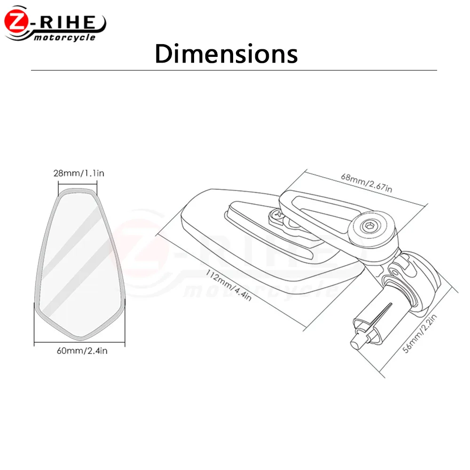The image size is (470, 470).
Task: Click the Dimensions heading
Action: (x=227, y=54)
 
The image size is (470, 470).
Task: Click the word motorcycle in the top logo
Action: (x=64, y=38)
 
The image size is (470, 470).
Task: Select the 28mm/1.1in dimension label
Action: (x=79, y=173)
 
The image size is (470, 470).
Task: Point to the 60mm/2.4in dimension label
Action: (x=82, y=351)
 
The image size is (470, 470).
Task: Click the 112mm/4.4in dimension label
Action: (x=228, y=285)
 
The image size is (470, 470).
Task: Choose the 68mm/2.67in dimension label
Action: (x=366, y=183)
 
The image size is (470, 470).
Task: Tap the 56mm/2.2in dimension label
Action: (x=420, y=334)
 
